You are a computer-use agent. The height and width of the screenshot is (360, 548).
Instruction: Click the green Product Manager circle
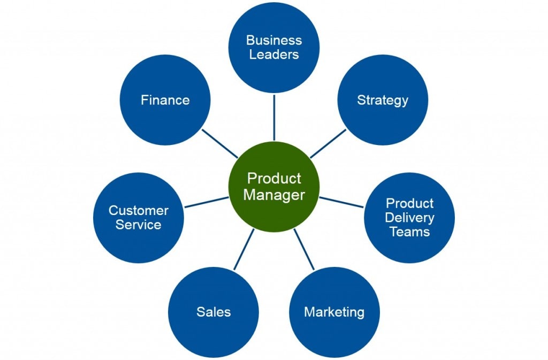tap(274, 186)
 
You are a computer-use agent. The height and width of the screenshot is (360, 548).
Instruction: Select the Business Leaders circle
tap(274, 47)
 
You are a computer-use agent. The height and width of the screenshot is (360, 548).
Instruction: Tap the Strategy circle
tap(383, 100)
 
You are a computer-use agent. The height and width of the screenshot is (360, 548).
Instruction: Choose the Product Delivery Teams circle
tap(409, 218)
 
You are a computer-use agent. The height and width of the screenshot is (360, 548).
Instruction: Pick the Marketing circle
tap(334, 312)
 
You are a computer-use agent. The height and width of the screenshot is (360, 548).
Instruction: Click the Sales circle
tap(214, 312)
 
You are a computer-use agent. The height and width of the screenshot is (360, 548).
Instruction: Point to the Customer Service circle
tap(139, 218)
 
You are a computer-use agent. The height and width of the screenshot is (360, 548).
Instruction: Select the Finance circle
tap(165, 100)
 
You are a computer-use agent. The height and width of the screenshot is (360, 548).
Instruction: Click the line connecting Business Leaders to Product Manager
tap(274, 118)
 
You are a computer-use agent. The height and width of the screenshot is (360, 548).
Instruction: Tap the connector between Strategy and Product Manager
tap(328, 143)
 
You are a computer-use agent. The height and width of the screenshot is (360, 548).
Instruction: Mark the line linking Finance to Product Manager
tap(220, 143)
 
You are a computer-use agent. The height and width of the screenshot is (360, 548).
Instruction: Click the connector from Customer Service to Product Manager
tap(207, 202)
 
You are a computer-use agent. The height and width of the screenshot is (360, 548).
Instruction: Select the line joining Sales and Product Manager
tap(243, 249)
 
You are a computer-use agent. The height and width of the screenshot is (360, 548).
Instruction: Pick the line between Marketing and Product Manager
tap(304, 249)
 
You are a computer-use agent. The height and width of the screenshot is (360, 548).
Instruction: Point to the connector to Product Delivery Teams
tap(341, 202)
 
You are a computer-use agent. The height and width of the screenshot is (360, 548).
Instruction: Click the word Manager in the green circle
tap(274, 195)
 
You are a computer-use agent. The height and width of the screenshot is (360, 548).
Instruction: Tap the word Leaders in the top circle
tap(274, 54)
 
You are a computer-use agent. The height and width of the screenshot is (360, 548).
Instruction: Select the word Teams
tap(409, 232)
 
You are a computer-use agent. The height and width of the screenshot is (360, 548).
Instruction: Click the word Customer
tap(139, 210)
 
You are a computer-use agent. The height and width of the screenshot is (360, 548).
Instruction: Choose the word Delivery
tap(409, 218)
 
